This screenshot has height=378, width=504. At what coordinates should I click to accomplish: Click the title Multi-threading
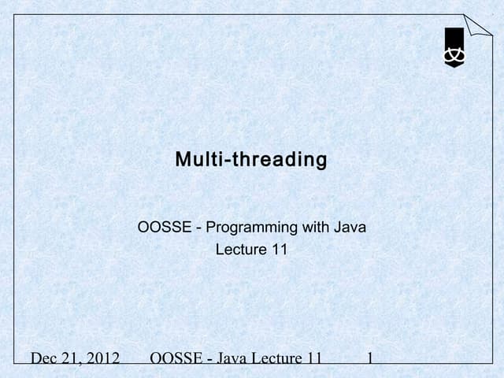[x=250, y=160]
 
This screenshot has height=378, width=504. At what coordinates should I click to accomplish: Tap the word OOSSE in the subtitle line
[x=165, y=228]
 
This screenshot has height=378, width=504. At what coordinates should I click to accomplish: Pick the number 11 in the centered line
[x=278, y=250]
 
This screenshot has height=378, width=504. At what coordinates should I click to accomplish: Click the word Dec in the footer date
[x=46, y=359]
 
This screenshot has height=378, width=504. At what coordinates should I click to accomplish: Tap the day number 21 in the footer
[x=73, y=359]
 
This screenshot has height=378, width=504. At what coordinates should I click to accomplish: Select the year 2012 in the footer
[x=102, y=359]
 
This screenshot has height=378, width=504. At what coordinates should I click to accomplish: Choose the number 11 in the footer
[x=315, y=359]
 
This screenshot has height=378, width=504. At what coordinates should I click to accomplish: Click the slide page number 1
[x=370, y=359]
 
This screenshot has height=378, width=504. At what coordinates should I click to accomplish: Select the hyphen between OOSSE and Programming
[x=200, y=229]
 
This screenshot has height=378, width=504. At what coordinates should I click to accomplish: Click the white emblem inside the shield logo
[x=454, y=54]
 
